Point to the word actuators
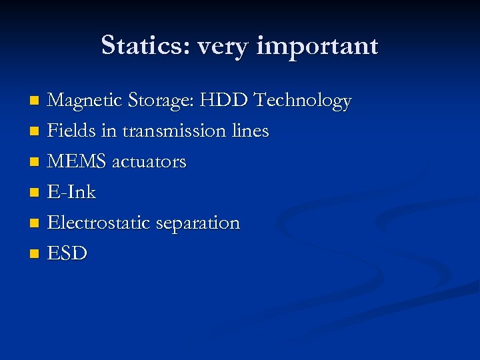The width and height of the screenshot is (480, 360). (x=149, y=162)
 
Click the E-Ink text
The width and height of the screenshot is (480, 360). (x=72, y=192)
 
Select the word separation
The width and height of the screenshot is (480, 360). (x=197, y=223)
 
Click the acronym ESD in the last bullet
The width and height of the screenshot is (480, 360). (x=67, y=253)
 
